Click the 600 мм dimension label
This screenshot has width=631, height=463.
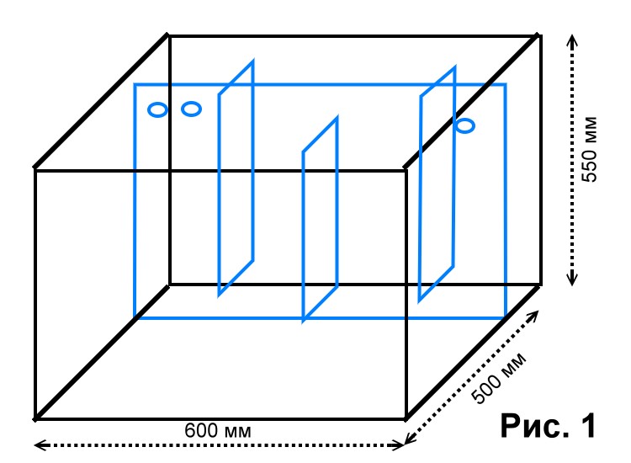coord(218,430)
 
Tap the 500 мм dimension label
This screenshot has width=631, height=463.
coord(499,378)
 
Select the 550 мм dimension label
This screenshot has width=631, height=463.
coord(590,149)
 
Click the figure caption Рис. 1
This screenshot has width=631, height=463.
coord(548,425)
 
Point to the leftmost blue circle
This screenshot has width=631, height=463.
coord(157,110)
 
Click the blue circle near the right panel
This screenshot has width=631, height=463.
coord(465,125)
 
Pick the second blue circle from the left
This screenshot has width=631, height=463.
coord(191,109)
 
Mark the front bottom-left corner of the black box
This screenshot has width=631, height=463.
coord(35,418)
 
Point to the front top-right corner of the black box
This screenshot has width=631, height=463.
coord(406,169)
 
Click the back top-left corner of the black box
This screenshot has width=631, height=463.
coord(169,36)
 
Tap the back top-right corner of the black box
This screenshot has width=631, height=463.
coord(539,36)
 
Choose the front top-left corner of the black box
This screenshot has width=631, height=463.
coord(35,169)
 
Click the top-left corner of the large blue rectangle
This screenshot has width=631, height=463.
coord(135,84)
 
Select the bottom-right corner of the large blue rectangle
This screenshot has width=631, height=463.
coord(506,318)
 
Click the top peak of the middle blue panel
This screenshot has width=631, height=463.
coord(337,118)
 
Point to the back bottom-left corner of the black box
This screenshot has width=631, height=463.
coord(169,285)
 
